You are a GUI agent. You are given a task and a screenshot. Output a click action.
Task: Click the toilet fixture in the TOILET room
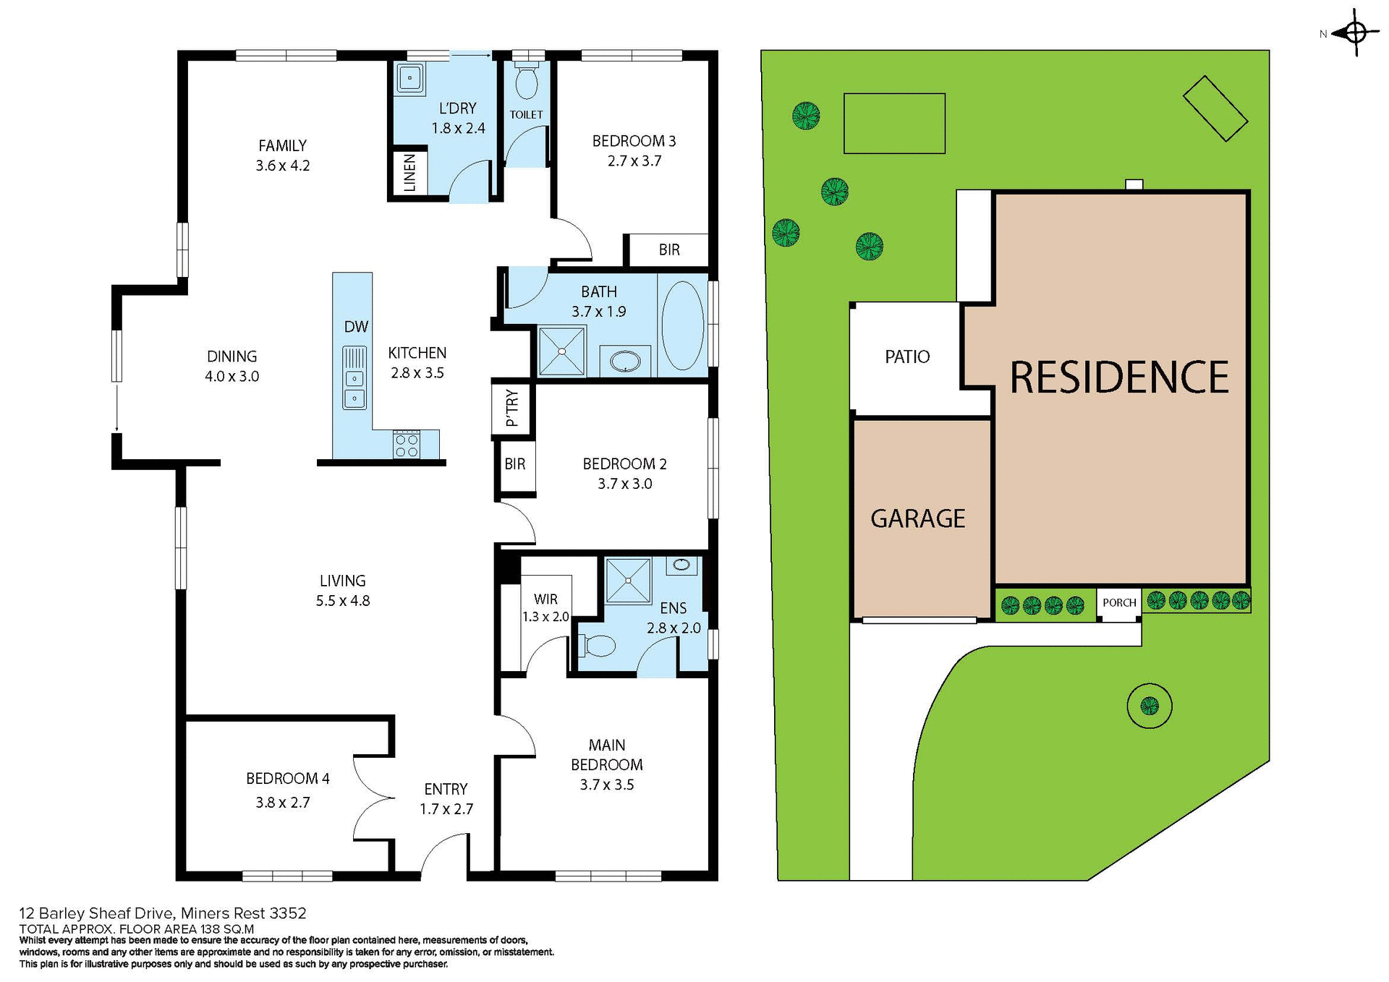pyautogui.click(x=526, y=82)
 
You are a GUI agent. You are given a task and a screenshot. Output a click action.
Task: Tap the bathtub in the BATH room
pyautogui.click(x=682, y=325)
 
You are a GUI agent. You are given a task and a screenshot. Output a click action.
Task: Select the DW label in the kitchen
pyautogui.click(x=356, y=327)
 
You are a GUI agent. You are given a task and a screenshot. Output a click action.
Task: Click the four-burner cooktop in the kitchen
pyautogui.click(x=406, y=445)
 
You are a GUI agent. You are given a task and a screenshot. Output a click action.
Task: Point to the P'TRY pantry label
pyautogui.click(x=512, y=409)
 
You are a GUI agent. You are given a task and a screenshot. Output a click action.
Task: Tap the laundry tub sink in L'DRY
pyautogui.click(x=409, y=77)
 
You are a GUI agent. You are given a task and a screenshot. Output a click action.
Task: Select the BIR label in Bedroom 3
pyautogui.click(x=669, y=250)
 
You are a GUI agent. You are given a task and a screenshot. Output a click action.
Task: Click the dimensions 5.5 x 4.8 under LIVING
pyautogui.click(x=343, y=601)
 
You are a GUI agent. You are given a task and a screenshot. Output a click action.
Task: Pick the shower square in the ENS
pyautogui.click(x=628, y=581)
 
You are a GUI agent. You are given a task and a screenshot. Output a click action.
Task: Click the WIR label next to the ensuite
pyautogui.click(x=545, y=599)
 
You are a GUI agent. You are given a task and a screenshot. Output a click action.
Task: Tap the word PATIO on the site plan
pyautogui.click(x=907, y=356)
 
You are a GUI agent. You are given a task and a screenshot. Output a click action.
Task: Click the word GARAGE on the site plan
pyautogui.click(x=917, y=518)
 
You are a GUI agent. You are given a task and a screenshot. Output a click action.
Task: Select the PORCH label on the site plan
pyautogui.click(x=1119, y=602)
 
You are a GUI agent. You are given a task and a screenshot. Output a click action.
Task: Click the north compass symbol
pyautogui.click(x=1356, y=33)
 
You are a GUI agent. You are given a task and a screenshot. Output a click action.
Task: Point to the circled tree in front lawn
pyautogui.click(x=1149, y=705)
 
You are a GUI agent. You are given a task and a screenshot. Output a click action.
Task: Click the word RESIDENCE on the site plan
pyautogui.click(x=1118, y=377)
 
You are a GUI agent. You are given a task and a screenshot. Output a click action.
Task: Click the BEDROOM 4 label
pyautogui.click(x=287, y=778)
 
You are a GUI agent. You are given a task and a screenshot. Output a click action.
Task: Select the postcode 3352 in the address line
pyautogui.click(x=288, y=913)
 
